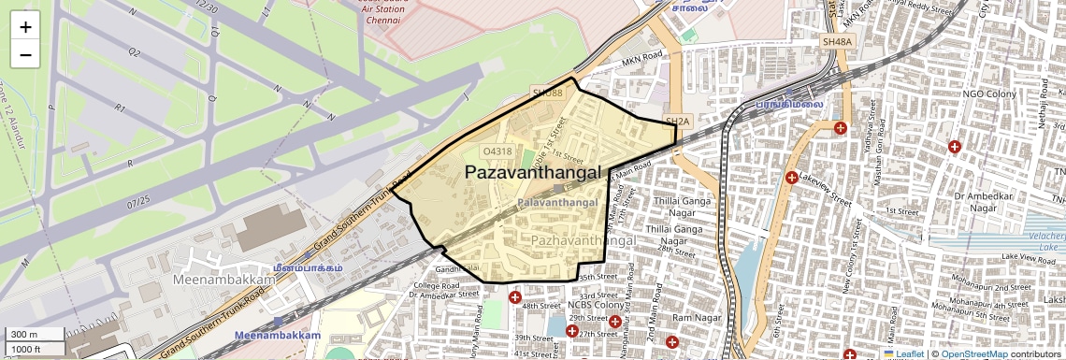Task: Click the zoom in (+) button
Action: coord(25,27)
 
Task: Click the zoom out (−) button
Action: coord(25,54)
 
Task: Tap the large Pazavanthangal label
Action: coord(532,172)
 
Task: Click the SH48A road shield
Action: coord(837,42)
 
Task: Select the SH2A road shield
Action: coord(677,122)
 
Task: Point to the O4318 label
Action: coord(497,151)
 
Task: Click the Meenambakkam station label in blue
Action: coord(277,335)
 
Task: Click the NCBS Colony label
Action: coord(596,305)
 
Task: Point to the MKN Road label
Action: coord(641,58)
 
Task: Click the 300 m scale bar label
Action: coord(24,334)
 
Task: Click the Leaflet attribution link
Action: coord(909,354)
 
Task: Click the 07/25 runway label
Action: coord(139,201)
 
